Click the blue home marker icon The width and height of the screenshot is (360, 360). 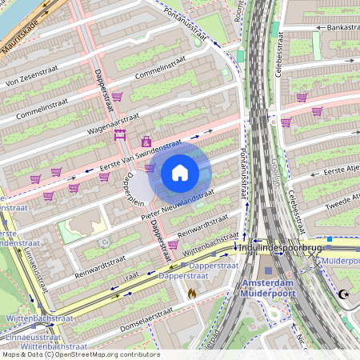(180, 173)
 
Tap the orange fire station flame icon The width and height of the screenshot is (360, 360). (191, 294)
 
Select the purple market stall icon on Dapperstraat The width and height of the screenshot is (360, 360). (121, 135)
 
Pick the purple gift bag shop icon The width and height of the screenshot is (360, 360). (146, 141)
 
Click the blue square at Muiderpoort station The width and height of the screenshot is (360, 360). (268, 270)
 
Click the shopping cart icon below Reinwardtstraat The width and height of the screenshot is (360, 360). (173, 244)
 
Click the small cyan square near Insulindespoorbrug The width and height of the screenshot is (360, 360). (329, 238)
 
